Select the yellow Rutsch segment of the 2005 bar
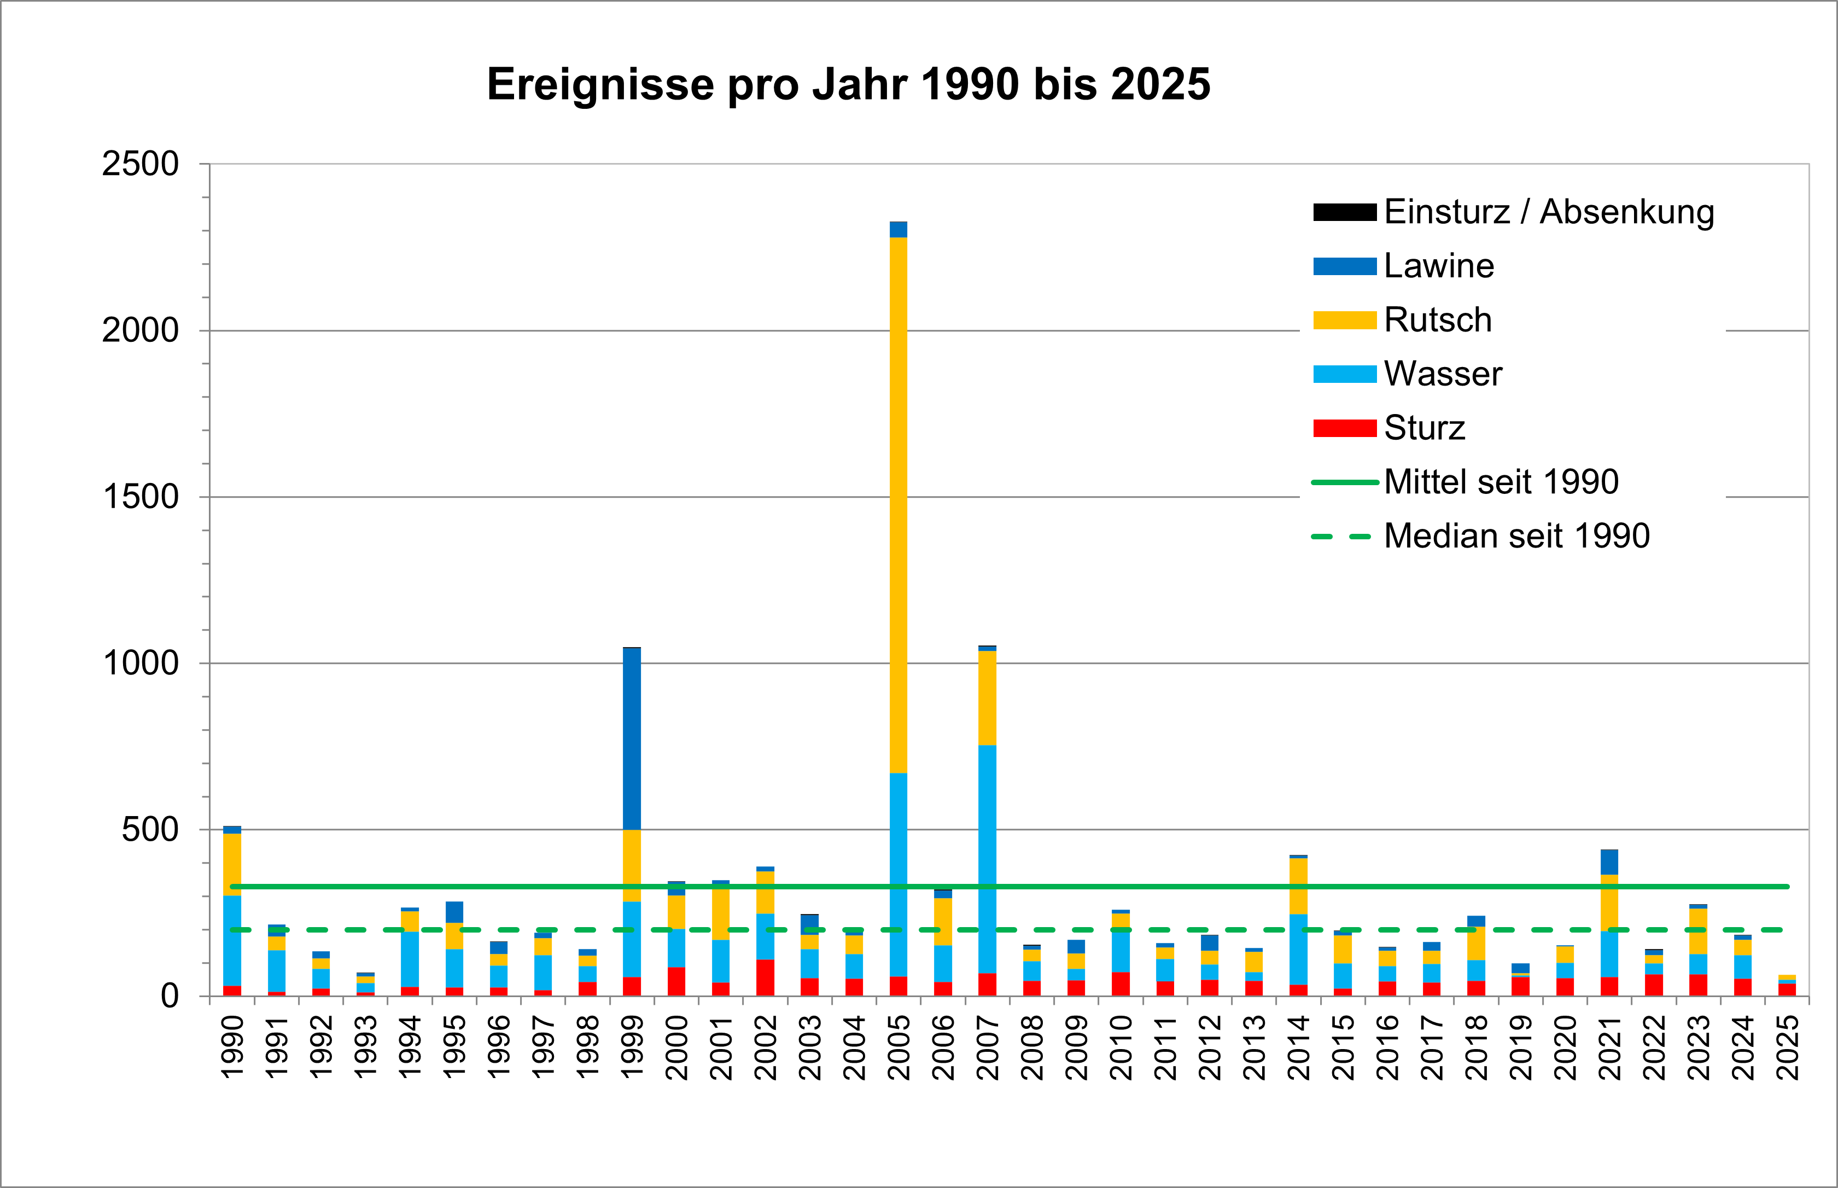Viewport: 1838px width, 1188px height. pos(898,502)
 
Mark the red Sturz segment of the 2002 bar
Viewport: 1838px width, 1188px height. pos(765,977)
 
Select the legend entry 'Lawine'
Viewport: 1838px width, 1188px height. pos(1438,266)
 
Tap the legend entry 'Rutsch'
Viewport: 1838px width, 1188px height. pos(1438,320)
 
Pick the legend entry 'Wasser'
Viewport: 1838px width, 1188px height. pos(1442,374)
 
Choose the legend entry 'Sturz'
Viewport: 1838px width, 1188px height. pos(1424,428)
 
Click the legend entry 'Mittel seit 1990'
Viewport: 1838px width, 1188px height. pos(1500,482)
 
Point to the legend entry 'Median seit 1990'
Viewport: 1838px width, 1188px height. pos(1515,536)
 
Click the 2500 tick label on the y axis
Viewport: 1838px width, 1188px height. pos(141,164)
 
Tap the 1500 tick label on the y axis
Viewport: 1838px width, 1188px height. pos(141,497)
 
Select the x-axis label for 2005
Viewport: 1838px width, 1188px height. pos(898,1047)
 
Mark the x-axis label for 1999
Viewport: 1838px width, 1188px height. pos(632,1047)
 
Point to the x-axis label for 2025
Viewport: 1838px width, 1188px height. pos(1787,1047)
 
